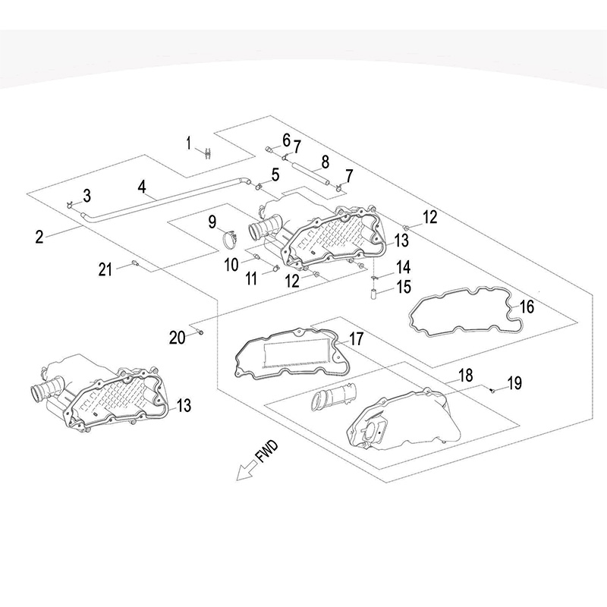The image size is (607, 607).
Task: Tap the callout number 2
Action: coord(39,236)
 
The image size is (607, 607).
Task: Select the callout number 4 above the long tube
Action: coord(142,186)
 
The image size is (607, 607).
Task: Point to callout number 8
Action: coord(325,161)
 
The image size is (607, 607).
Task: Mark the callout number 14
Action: coord(402,266)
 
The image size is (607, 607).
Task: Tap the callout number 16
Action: coord(527,307)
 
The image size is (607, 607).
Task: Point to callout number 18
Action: coord(465,374)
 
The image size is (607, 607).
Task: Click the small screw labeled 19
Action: coord(491,390)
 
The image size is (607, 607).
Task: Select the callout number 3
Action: coord(86,197)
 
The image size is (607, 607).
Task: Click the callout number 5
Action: coord(275,175)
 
